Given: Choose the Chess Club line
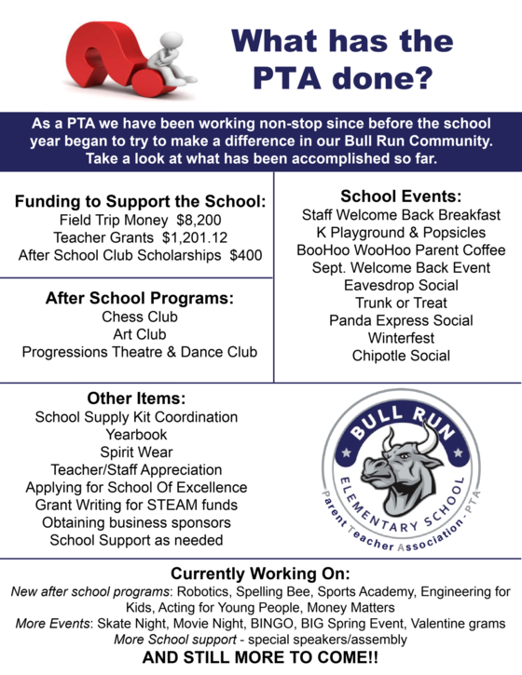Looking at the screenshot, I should pos(140,317).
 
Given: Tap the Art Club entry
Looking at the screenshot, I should pos(140,334).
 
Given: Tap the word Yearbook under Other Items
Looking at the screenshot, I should pos(136,434).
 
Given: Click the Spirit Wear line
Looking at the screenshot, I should pos(136,452).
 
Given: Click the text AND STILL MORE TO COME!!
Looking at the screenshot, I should pos(260,657).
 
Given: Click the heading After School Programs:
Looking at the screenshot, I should pos(139,299).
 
